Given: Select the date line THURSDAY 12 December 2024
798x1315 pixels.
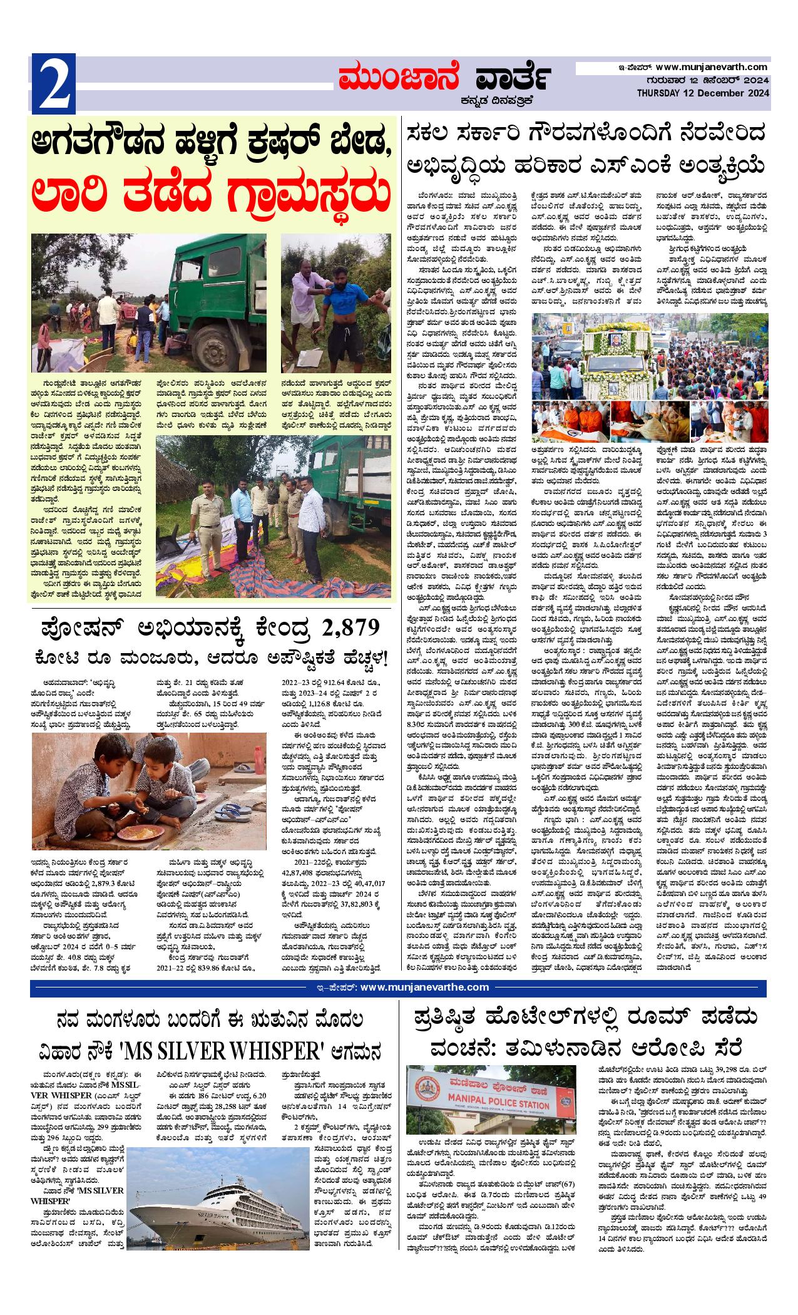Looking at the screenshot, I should point(703,93).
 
